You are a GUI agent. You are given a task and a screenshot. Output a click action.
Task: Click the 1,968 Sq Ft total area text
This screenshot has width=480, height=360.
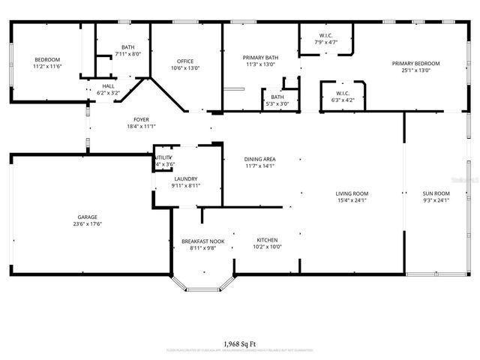tap(240, 343)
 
